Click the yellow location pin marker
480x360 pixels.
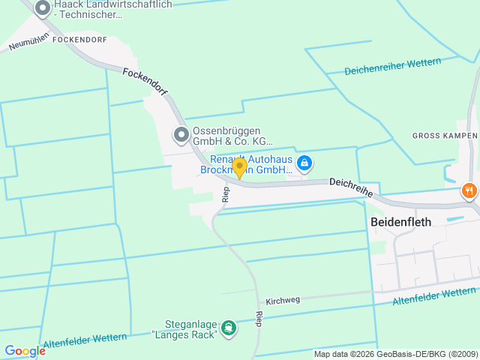point(239,167)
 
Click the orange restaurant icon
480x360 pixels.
point(469,190)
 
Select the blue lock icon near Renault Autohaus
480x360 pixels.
point(304,163)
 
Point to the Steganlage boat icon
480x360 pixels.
point(229,328)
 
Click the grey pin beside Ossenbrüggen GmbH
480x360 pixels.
point(181,135)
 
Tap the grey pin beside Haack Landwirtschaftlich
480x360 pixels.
point(43,9)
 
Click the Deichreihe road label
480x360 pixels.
point(351,187)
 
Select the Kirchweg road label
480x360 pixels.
point(283,300)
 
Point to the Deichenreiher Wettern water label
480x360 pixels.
point(392,67)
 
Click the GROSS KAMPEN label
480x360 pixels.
point(445,136)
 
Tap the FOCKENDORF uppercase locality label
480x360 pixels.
point(79,39)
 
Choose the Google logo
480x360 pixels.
point(25,351)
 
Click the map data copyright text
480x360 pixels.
point(395,354)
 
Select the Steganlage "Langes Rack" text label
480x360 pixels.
point(184,328)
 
